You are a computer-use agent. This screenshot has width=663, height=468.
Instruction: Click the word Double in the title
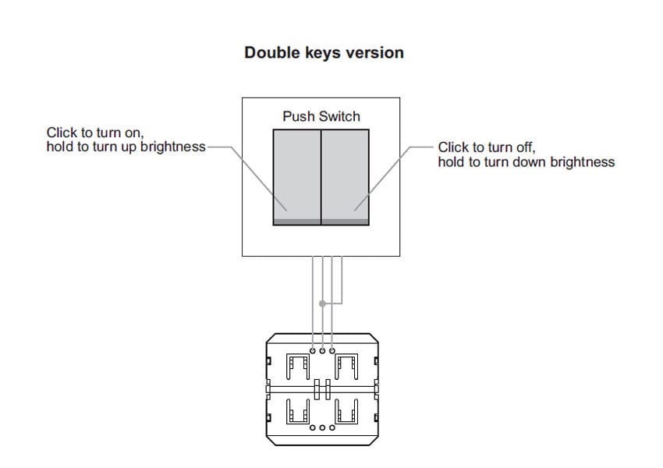coord(269,52)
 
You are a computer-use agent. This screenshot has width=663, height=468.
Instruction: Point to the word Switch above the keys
coord(339,116)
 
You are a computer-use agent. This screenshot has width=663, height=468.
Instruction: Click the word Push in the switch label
coord(299,116)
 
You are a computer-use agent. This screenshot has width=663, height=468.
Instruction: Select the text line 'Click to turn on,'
coord(95,133)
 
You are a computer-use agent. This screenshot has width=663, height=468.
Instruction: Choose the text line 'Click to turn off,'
coord(487,147)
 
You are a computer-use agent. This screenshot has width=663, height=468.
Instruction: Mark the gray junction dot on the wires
coord(323,303)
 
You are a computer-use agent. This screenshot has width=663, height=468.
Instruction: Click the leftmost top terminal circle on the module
coord(313,351)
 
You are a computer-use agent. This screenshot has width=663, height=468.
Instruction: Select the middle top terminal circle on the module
coord(322,351)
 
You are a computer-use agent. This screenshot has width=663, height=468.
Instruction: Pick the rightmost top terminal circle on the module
coord(332,351)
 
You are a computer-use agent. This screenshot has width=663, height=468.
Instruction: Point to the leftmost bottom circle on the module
coord(313,428)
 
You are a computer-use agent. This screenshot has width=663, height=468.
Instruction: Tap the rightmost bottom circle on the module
coord(332,428)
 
